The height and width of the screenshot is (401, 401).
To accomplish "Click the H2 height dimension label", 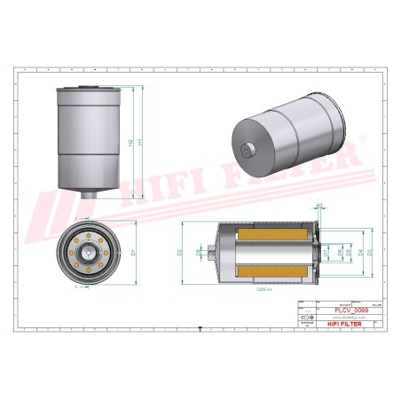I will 130,144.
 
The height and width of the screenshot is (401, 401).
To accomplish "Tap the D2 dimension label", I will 180,253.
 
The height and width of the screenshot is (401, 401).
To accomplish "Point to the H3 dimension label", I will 319,207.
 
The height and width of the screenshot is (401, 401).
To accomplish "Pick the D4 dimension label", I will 359,253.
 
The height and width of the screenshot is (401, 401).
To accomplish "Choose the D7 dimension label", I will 326,253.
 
